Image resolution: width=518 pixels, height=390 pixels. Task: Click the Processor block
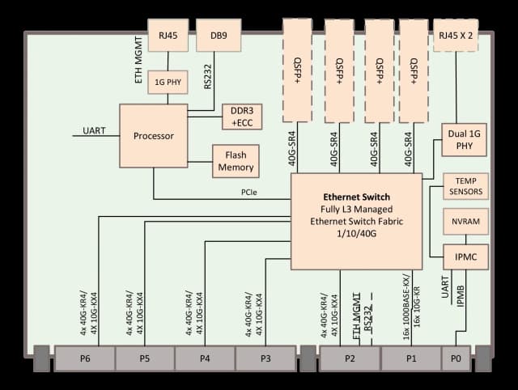click(154, 136)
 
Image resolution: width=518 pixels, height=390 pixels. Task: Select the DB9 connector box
click(219, 36)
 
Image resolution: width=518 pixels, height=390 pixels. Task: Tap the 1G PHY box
click(168, 82)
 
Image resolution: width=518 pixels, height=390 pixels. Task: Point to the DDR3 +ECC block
click(242, 117)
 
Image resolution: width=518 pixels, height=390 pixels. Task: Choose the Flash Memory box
click(236, 161)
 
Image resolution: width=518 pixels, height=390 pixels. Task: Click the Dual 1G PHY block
click(464, 140)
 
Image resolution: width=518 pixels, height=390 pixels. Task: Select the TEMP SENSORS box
click(466, 186)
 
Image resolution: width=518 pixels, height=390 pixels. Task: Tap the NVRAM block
click(466, 221)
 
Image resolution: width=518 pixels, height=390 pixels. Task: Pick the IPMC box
click(466, 257)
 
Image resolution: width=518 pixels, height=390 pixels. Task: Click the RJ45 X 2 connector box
click(456, 36)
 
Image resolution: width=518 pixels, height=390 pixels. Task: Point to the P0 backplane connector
click(456, 358)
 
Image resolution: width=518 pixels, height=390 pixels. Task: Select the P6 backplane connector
click(85, 358)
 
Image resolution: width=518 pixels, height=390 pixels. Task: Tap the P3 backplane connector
click(265, 358)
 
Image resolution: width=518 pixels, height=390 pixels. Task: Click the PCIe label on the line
click(249, 193)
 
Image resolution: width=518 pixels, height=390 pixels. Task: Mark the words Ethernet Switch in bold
click(356, 197)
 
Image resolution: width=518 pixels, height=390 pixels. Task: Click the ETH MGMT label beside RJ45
click(138, 60)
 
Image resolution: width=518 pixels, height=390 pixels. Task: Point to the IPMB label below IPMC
click(461, 296)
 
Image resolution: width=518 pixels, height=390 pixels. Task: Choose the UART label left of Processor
click(94, 131)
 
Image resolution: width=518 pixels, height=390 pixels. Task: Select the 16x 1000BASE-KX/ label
click(406, 307)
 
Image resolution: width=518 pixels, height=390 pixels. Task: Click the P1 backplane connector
click(411, 358)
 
